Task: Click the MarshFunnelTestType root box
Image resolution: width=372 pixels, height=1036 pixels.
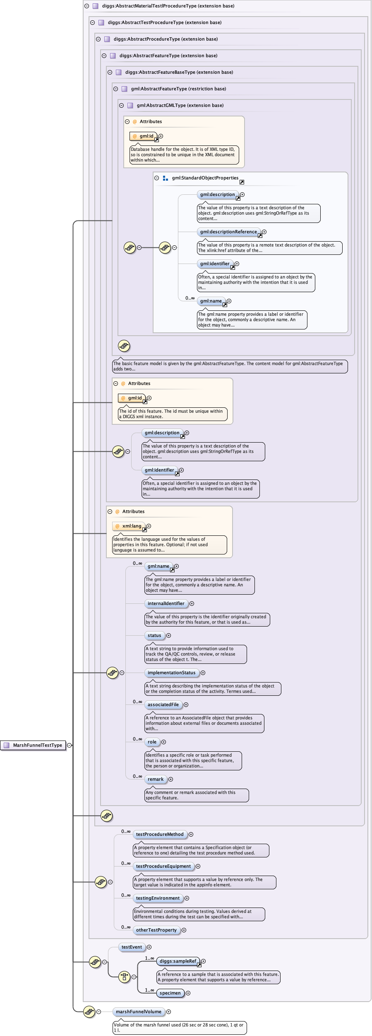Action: click(x=34, y=745)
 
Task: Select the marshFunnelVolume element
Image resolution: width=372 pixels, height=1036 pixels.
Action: click(x=139, y=1012)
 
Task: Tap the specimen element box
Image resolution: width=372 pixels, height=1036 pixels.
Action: click(x=170, y=993)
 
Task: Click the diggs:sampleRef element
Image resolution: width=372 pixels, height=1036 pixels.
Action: click(x=178, y=961)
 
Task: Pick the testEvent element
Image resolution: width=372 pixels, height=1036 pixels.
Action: click(x=132, y=947)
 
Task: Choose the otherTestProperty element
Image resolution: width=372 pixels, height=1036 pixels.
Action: click(x=156, y=930)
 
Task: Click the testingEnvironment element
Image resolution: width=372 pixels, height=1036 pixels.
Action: click(x=158, y=898)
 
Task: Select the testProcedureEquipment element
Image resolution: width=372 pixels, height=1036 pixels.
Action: click(x=163, y=866)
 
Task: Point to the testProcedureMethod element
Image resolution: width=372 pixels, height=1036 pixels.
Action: click(x=160, y=834)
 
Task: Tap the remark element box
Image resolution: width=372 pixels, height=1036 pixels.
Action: click(x=156, y=779)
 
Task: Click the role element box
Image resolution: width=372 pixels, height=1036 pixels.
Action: click(x=152, y=742)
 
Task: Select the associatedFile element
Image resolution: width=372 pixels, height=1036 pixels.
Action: click(x=163, y=704)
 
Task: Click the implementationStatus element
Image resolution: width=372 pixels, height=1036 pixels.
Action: click(x=171, y=673)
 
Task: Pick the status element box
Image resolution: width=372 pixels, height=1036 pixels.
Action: click(x=154, y=635)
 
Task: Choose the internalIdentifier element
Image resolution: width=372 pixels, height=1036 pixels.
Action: click(x=166, y=603)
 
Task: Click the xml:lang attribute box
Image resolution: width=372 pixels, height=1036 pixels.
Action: click(x=129, y=526)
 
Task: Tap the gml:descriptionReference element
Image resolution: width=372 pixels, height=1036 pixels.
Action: click(x=228, y=232)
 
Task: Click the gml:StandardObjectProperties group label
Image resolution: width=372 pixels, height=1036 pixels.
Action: click(x=205, y=178)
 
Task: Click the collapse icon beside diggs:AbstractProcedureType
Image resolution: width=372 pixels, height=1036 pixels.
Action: click(x=98, y=39)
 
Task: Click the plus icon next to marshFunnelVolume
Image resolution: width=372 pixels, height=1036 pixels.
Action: click(x=168, y=1012)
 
